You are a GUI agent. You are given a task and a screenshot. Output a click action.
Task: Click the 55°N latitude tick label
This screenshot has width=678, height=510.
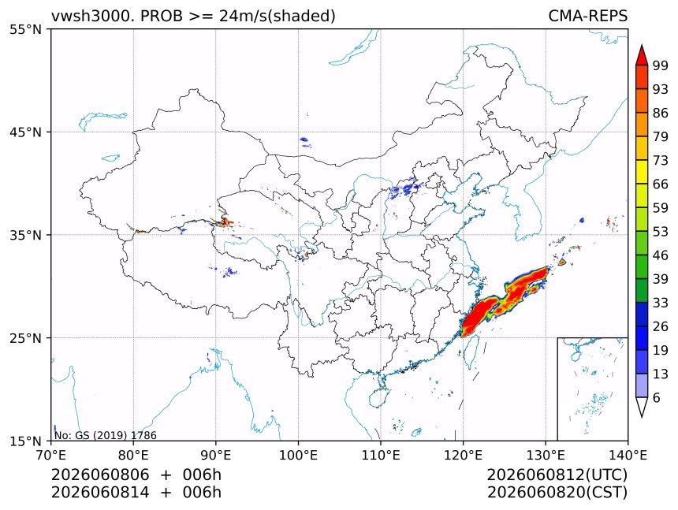tap(25, 30)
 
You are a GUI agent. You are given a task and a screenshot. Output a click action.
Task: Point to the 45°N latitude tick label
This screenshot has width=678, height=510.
tap(25, 132)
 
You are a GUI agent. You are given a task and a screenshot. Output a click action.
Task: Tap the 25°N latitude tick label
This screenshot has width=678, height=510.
tap(25, 338)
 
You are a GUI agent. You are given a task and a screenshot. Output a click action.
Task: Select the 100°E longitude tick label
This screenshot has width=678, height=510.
tap(298, 455)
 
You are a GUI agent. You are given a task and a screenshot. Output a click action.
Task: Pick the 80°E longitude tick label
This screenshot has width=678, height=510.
tap(133, 455)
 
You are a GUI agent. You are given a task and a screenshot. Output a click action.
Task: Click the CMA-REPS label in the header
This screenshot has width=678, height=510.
tap(587, 16)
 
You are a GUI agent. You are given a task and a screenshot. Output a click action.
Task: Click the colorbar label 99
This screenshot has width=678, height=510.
tap(661, 65)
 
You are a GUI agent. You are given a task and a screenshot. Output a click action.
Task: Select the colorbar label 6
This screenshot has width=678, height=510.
tap(657, 397)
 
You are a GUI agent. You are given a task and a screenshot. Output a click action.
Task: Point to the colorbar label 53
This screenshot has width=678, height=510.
tap(661, 232)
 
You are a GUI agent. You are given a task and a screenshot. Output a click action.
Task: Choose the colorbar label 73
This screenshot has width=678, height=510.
tap(661, 160)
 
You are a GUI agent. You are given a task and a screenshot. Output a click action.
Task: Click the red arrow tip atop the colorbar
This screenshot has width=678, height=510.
tap(642, 46)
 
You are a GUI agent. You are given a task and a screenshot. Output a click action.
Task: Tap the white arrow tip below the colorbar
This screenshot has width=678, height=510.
tap(642, 415)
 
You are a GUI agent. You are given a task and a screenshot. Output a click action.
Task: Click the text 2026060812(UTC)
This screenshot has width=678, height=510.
tap(557, 475)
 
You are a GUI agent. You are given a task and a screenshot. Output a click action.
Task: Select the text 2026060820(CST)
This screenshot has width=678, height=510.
tap(557, 493)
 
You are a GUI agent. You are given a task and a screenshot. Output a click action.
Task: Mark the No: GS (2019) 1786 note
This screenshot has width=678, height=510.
tap(106, 435)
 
